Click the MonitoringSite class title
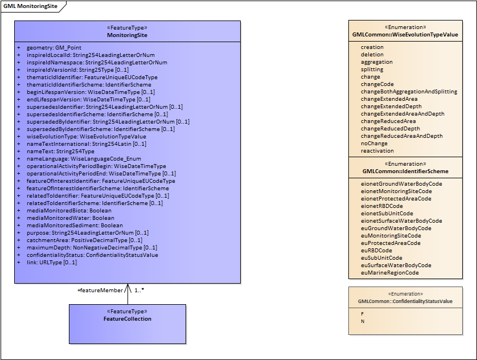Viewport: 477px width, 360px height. tap(127, 35)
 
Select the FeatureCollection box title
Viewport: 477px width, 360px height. tap(127, 318)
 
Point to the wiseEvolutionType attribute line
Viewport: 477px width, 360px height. tap(86, 136)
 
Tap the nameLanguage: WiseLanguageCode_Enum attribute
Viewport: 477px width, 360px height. tap(84, 158)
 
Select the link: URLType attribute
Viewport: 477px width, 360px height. tap(51, 262)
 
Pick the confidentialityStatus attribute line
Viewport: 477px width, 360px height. tap(92, 255)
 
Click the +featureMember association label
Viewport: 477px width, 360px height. tap(100, 290)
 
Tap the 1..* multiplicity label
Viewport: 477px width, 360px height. tap(139, 290)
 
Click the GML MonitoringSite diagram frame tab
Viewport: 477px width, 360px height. tap(31, 6)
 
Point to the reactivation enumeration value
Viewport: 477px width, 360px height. tap(377, 151)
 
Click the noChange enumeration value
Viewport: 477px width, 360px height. tap(374, 144)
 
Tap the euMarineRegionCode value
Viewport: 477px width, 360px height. tap(389, 273)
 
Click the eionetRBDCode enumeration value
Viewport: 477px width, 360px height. tap(381, 206)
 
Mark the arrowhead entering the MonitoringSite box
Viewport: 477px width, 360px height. tap(128, 287)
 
